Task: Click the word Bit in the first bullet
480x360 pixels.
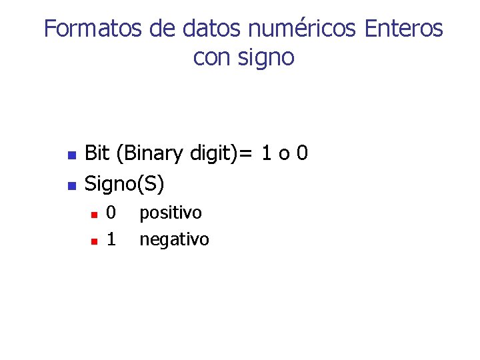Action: [x=97, y=154]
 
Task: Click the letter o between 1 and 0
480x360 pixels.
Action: [x=284, y=155]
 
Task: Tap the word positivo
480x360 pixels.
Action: [x=170, y=213]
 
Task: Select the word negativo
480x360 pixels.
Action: [x=174, y=239]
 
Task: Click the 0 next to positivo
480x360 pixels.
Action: [x=111, y=213]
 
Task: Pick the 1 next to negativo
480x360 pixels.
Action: [x=111, y=239]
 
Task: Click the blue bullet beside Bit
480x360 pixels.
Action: [x=71, y=156]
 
